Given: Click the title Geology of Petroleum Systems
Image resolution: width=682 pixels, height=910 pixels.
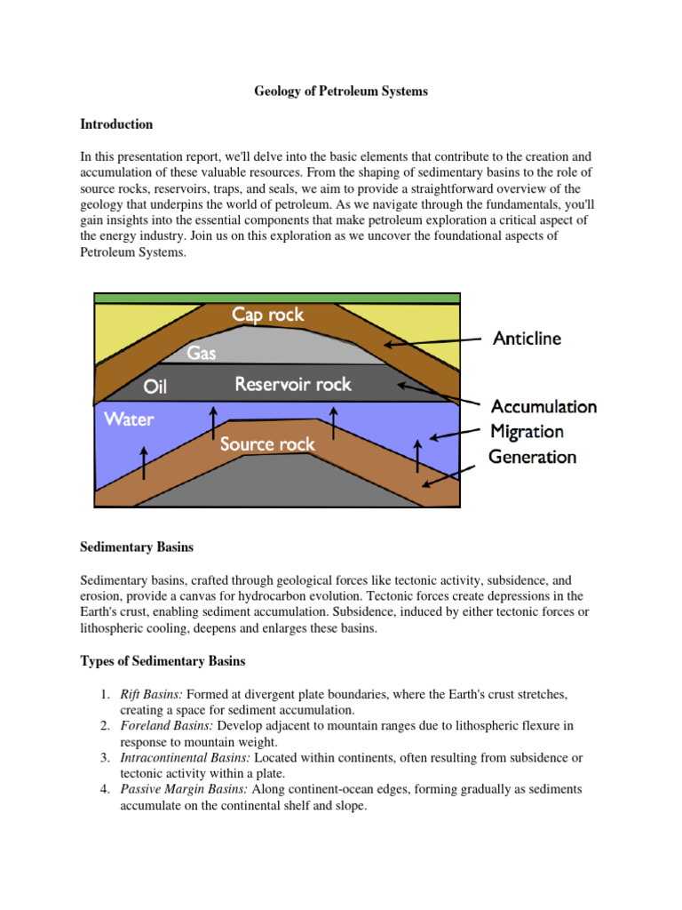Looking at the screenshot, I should coord(341,92).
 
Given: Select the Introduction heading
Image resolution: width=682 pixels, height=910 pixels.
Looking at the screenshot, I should coord(116,124).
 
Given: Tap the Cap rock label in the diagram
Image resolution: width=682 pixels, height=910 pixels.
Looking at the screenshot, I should coord(268,315).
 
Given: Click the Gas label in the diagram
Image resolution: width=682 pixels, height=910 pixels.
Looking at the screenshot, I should coord(202,353).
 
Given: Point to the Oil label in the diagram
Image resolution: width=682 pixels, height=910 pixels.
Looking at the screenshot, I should coord(155,387).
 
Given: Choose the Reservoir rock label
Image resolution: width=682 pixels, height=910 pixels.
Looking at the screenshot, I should coord(293,385).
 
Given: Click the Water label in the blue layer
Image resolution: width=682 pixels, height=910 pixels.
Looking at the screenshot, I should coord(129,419).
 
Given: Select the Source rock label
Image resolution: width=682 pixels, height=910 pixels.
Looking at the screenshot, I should coord(267,443).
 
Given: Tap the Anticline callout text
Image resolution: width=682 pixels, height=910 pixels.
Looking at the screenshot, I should coord(527,339).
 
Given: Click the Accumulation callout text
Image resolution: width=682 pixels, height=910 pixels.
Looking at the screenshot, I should coord(543,407).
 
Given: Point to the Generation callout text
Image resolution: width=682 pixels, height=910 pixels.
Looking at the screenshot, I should coord(532,457).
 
